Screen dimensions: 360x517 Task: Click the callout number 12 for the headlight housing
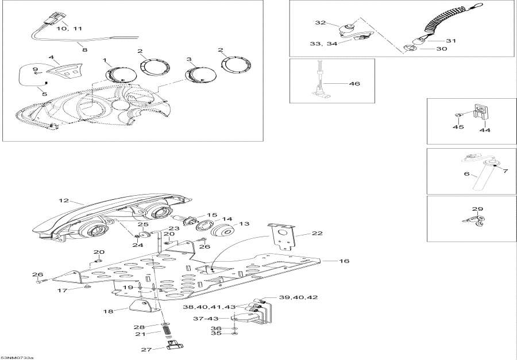click(x=63, y=201)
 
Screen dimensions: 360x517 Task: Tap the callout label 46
click(x=354, y=84)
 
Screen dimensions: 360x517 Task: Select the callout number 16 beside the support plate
click(x=344, y=261)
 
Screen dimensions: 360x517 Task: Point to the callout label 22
click(x=317, y=233)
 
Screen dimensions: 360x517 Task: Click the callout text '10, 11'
click(x=70, y=28)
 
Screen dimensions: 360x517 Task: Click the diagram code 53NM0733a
click(x=17, y=357)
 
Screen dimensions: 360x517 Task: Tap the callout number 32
click(x=320, y=22)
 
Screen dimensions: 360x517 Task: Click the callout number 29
click(x=478, y=209)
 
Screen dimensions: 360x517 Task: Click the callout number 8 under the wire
click(x=85, y=50)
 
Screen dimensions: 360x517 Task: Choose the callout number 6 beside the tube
click(x=466, y=173)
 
